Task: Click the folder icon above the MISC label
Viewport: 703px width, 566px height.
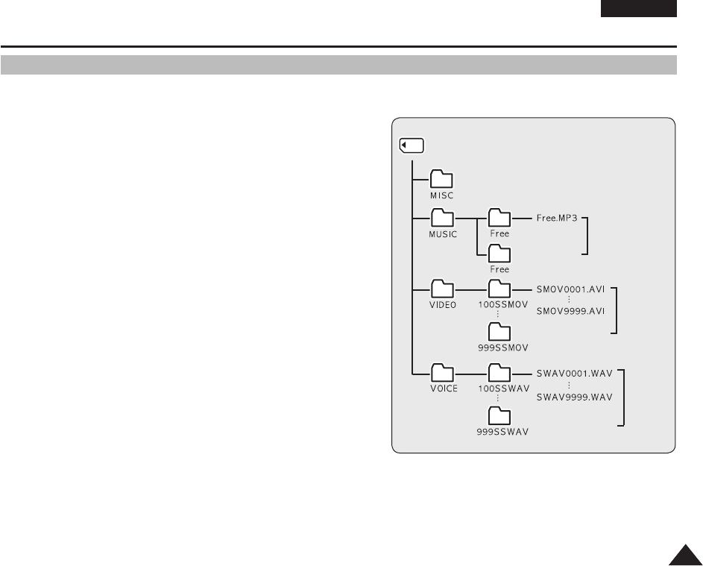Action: tap(443, 179)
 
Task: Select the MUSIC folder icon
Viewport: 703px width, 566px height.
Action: tap(443, 218)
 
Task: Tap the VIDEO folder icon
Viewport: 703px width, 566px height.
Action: tap(443, 289)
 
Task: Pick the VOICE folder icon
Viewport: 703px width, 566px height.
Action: tap(443, 372)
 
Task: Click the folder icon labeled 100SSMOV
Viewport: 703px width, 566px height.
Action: tap(499, 289)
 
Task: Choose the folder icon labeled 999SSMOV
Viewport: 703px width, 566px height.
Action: tap(499, 332)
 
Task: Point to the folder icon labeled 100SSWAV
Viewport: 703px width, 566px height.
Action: tap(499, 372)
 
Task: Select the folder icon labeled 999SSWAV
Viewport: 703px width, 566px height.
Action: tap(499, 415)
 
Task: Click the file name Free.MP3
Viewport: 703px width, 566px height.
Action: tap(557, 219)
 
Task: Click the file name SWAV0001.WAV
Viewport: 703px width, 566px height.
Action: tap(574, 371)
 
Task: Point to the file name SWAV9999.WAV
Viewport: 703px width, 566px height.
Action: tap(574, 397)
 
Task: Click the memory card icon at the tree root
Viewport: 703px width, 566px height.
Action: tap(411, 145)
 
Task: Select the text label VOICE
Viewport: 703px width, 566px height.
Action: tap(444, 389)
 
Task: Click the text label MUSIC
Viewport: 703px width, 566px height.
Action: tap(443, 234)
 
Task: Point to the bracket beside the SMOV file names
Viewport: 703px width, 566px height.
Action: tap(616, 309)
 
